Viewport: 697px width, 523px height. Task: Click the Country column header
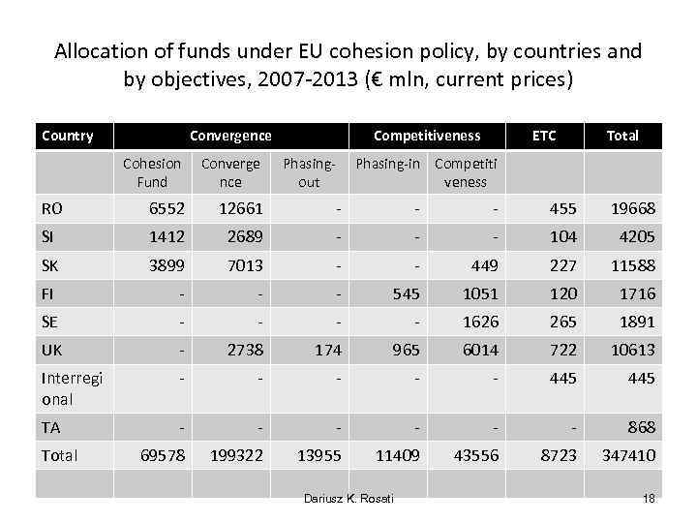[68, 136]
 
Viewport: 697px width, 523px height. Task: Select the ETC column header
[545, 136]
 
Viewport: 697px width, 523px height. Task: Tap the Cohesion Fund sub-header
[152, 172]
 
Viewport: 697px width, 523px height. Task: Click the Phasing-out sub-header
[309, 172]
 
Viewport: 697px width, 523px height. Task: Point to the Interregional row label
[69, 388]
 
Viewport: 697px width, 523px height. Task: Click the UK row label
[52, 350]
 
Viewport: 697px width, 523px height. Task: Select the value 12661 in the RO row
[241, 208]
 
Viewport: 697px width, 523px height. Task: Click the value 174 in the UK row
[328, 350]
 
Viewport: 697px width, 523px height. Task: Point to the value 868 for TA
[641, 427]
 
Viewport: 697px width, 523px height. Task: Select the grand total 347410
[628, 455]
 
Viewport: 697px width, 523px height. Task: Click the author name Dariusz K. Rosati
[348, 498]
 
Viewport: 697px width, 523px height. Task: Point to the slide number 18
[649, 498]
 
